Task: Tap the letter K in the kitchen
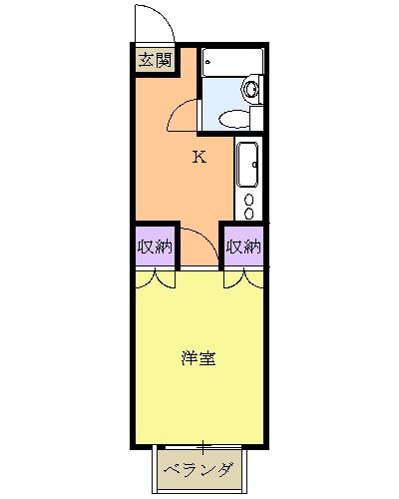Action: coord(199,156)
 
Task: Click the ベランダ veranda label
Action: coord(199,469)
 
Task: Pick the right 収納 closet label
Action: coord(242,246)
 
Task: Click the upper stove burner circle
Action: coord(249,197)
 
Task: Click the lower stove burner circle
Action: coord(249,212)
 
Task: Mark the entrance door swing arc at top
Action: coord(148,22)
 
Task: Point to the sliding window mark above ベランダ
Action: coord(201,444)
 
